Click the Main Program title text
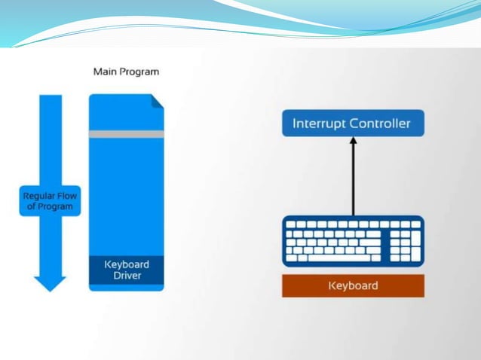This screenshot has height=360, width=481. click(x=126, y=72)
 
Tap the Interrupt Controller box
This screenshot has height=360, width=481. click(x=352, y=123)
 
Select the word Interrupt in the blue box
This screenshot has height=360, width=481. click(x=319, y=123)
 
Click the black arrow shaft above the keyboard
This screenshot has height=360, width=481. click(x=353, y=181)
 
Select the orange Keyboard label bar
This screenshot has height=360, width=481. click(x=353, y=285)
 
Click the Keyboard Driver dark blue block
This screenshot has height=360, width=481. click(x=126, y=270)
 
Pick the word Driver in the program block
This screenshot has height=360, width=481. click(x=126, y=276)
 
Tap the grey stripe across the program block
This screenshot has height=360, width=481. click(x=126, y=134)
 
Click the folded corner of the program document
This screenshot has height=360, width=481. click(x=158, y=100)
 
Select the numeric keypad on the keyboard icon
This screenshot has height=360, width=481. click(x=405, y=241)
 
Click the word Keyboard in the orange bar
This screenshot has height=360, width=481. click(x=353, y=285)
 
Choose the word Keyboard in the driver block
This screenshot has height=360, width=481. click(x=126, y=264)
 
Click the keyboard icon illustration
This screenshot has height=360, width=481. click(x=353, y=241)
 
